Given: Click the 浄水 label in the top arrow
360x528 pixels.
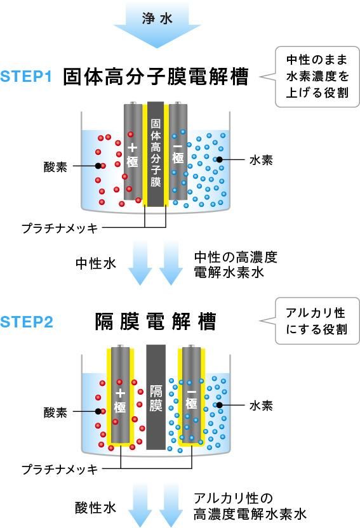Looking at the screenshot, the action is pos(157,18).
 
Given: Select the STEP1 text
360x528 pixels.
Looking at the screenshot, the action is pos(26,76).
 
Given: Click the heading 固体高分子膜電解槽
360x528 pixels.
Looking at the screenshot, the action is pos(156,77).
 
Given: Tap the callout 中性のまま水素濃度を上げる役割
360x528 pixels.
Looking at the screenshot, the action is pos(317,77).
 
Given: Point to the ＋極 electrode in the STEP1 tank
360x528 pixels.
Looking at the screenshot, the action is pos(133,152).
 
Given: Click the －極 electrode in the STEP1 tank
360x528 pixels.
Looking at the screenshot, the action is pos(178,152).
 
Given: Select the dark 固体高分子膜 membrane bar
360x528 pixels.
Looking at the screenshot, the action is pos(156,154).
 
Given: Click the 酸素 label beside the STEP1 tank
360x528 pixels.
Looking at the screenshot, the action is pos(55,167).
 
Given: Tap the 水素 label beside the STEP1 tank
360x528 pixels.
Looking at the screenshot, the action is pos(261,161).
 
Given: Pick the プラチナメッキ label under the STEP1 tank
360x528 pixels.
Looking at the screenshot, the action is pos(60,228).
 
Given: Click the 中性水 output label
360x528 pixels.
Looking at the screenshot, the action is pos(96,263).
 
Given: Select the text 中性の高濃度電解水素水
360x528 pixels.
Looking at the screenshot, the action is pos(236,265).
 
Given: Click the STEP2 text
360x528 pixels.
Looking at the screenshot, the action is pos(27,322).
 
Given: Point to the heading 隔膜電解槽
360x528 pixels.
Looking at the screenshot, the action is pos(156,322).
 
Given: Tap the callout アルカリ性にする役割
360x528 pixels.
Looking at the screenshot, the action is pos(317,321).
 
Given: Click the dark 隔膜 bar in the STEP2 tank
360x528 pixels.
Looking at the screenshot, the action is pos(156,397).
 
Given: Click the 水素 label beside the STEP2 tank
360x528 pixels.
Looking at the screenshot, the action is pos(261,406).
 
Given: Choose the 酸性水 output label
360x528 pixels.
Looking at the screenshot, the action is pos(96,508).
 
